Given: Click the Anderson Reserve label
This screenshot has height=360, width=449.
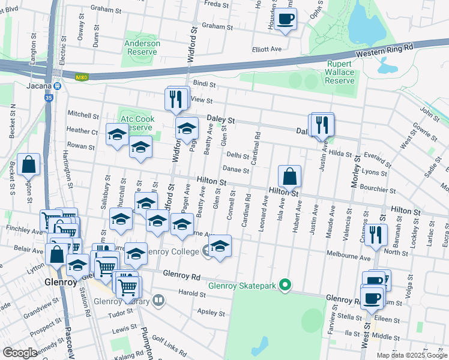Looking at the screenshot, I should point(142,47).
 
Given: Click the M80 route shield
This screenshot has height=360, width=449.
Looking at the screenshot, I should point(82,77).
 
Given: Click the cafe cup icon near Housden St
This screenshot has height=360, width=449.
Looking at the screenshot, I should point(286,19).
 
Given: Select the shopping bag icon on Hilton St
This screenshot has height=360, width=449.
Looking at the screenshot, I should point(289,176).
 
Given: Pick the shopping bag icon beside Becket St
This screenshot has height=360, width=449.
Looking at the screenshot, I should point(28,164).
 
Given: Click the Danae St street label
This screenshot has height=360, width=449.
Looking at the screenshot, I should point(237,170).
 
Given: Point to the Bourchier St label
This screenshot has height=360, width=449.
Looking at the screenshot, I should point(395,188).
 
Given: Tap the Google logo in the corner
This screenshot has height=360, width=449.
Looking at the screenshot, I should point(20,353).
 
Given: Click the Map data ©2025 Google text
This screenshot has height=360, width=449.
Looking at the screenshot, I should point(412,355).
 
